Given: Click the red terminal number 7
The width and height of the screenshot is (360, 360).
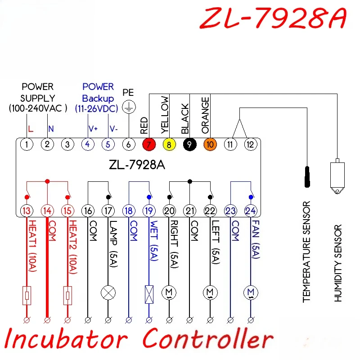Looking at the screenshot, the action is point(149,144).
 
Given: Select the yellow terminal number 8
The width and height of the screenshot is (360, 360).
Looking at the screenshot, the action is point(169,144).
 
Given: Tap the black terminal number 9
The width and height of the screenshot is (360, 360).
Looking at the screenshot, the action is point(189,144).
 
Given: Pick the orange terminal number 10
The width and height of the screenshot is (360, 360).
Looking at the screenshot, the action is point(210,144).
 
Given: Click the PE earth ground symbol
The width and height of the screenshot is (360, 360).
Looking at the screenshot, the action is point(129,107).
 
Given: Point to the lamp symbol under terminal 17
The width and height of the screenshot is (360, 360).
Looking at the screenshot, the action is point(108,293).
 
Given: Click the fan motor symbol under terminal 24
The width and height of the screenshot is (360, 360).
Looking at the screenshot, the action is point(251,293).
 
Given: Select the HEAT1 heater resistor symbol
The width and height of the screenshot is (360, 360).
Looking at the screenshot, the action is point(27,296).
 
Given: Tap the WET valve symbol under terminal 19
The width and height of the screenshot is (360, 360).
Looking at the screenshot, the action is point(149,295).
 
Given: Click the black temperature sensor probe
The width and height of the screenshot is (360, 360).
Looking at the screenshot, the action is point(307,177).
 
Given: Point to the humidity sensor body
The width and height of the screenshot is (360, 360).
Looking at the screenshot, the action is point(337,176).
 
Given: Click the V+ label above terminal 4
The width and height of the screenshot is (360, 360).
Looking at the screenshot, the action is point(93,129).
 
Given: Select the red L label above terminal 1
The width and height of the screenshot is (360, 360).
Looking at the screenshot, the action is point(31,129).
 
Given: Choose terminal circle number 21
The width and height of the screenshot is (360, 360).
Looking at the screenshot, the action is point(189,211).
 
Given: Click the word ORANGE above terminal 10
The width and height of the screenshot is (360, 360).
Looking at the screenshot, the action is point(205,115).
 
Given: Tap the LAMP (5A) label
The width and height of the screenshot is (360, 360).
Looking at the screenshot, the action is point(113,244).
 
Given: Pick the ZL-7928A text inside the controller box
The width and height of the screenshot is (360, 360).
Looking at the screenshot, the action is point(137,165).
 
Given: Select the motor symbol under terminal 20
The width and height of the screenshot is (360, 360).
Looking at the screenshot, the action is point(169,293).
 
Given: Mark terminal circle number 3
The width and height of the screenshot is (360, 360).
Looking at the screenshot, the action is point(67,144).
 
